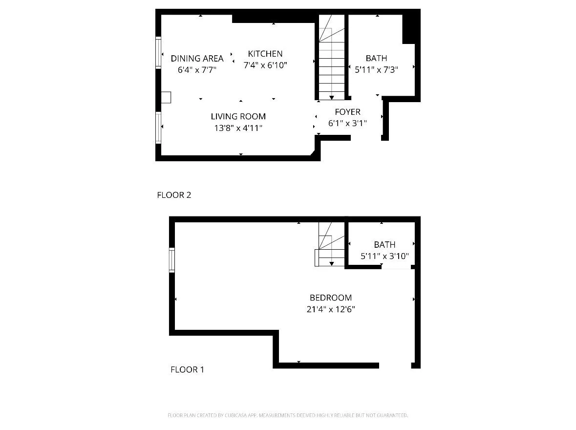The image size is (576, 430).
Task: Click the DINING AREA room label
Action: tap(197, 58)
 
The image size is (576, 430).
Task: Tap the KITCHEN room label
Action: tap(265, 54)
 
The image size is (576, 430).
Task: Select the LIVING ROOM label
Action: tap(238, 116)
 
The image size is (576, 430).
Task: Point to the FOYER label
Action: tap(347, 112)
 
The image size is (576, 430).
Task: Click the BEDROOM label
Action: tap(330, 298)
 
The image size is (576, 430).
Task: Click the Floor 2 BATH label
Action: tap(376, 58)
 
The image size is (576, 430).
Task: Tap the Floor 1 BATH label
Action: tap(384, 244)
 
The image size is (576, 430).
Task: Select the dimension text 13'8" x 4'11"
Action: tap(237, 128)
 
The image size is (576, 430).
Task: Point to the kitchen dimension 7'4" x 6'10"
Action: tap(265, 65)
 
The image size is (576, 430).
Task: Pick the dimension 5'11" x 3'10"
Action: tap(384, 256)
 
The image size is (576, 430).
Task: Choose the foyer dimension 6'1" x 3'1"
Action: tap(347, 123)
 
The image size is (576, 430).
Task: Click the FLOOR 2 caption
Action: tap(174, 195)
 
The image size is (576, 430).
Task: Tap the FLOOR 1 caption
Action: tap(187, 369)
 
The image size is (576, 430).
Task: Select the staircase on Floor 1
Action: tap(331, 244)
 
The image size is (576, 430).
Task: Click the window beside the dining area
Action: tap(158, 52)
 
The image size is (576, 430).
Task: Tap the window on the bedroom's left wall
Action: tap(171, 259)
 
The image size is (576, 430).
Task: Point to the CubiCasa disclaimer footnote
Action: tap(287, 415)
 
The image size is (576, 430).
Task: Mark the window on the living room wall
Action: tap(158, 128)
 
